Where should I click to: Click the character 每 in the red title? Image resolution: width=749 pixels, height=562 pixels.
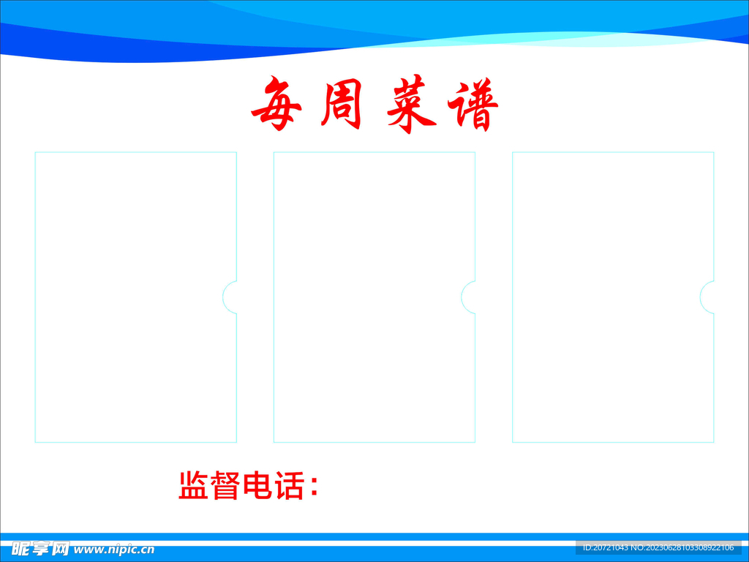pos(276,104)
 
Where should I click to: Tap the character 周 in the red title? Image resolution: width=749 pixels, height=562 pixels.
pos(341,104)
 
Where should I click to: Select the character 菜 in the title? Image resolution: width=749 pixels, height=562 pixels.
pos(411,104)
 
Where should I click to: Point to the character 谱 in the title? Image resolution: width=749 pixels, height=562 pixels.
pos(473,105)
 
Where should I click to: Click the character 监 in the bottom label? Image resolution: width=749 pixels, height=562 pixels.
pos(193,486)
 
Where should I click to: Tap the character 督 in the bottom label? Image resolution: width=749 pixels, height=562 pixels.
pos(225,486)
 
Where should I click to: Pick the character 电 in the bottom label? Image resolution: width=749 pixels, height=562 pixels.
pos(257,486)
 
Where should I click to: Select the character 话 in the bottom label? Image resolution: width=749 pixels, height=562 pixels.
pos(289,486)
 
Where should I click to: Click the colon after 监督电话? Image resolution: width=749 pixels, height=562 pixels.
pos(314,487)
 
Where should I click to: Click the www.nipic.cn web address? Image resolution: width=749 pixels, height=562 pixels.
pos(114,550)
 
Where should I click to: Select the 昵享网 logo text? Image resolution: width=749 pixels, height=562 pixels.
pos(41,549)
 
